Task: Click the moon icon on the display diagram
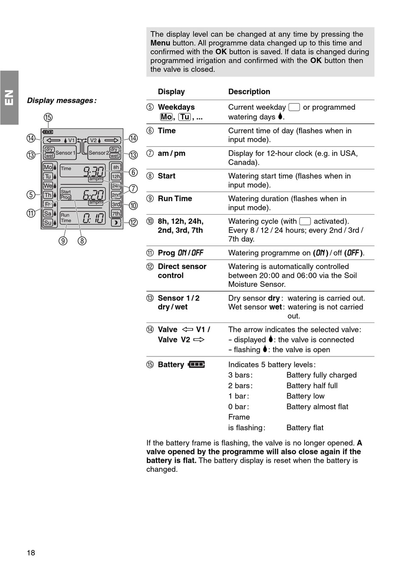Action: (116, 223)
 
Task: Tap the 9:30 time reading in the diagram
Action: (94, 171)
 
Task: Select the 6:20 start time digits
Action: (93, 195)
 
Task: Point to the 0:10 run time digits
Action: (94, 218)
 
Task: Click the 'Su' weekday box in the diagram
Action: (48, 223)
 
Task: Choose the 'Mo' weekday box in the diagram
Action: (48, 167)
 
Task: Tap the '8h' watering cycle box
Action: (116, 167)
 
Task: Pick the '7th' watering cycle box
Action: (116, 214)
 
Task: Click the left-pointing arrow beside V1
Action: (53, 140)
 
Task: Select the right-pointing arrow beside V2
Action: (112, 140)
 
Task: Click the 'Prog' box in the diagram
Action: (65, 197)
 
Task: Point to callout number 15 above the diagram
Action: (48, 118)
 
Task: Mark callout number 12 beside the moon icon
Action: (133, 222)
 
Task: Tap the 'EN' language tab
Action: (9, 98)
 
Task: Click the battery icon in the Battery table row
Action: (196, 364)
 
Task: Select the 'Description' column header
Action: (249, 92)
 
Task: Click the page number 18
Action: (31, 552)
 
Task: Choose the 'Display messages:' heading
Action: (62, 101)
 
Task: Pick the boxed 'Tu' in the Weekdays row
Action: (185, 117)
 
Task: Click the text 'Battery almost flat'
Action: (317, 406)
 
